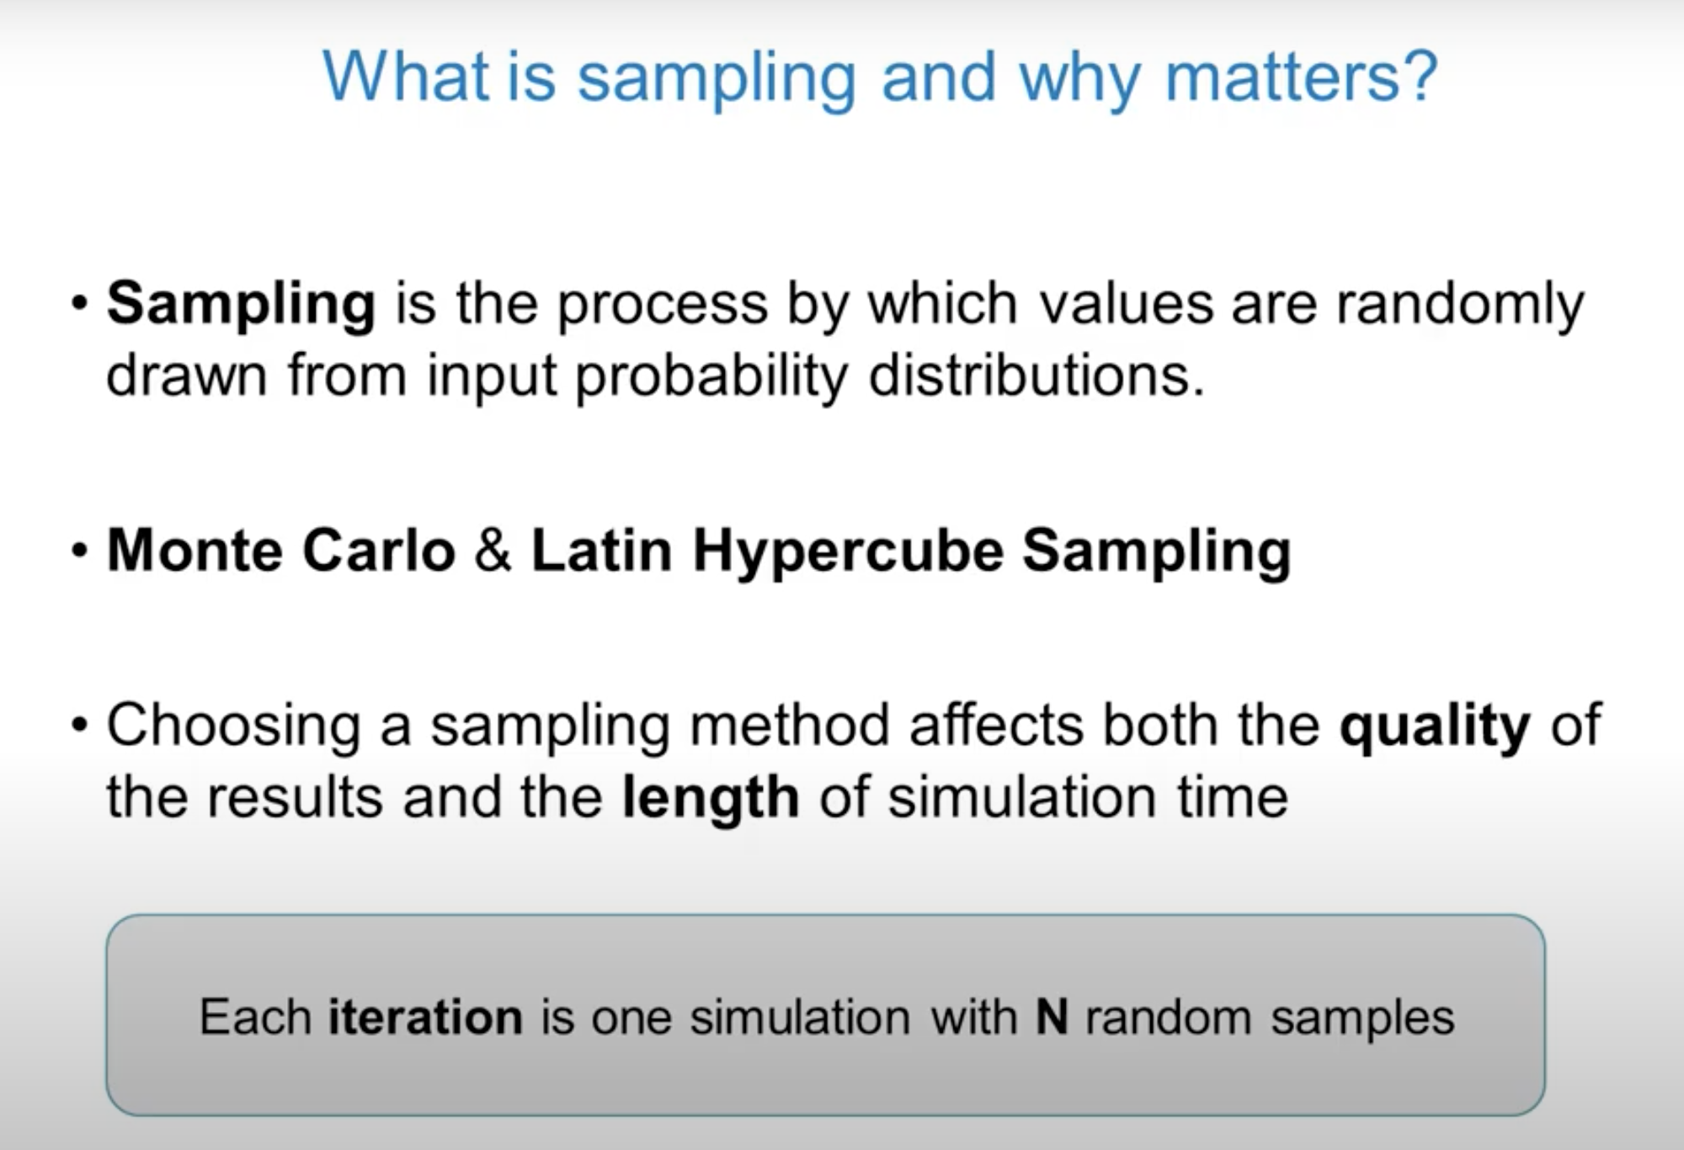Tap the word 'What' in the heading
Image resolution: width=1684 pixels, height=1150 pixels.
tap(405, 77)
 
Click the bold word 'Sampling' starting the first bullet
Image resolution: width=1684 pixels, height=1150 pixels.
tap(241, 305)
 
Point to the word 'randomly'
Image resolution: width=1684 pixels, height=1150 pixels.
tap(1460, 305)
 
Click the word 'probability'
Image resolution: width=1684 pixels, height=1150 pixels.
tap(711, 376)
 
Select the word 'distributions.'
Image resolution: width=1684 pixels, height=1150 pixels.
tap(1037, 375)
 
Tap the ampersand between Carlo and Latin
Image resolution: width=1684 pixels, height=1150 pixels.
tap(493, 551)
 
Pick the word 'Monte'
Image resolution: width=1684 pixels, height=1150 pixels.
tap(195, 551)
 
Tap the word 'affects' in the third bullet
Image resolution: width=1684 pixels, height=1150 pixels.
tap(996, 725)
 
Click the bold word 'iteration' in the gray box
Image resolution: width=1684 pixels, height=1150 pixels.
tap(425, 1017)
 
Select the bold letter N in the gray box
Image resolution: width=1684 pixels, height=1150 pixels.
tap(1052, 1017)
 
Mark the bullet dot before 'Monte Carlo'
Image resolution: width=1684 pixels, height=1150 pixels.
tap(80, 551)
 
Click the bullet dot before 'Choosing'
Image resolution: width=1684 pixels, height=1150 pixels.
tap(80, 725)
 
